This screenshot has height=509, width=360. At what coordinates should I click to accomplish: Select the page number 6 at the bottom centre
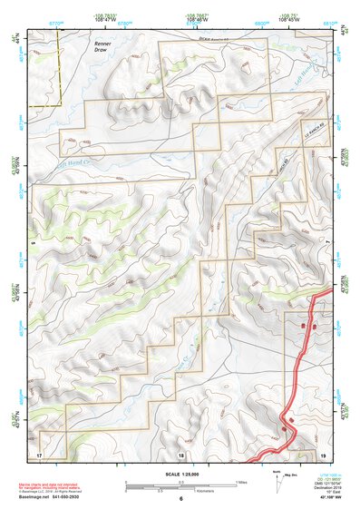(180, 498)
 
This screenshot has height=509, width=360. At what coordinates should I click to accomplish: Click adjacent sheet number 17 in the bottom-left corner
(39, 454)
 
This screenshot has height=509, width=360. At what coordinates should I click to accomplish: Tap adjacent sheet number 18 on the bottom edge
(180, 454)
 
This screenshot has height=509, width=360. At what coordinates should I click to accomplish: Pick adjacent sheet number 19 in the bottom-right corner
(323, 454)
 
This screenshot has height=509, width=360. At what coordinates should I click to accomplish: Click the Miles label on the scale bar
(240, 481)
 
